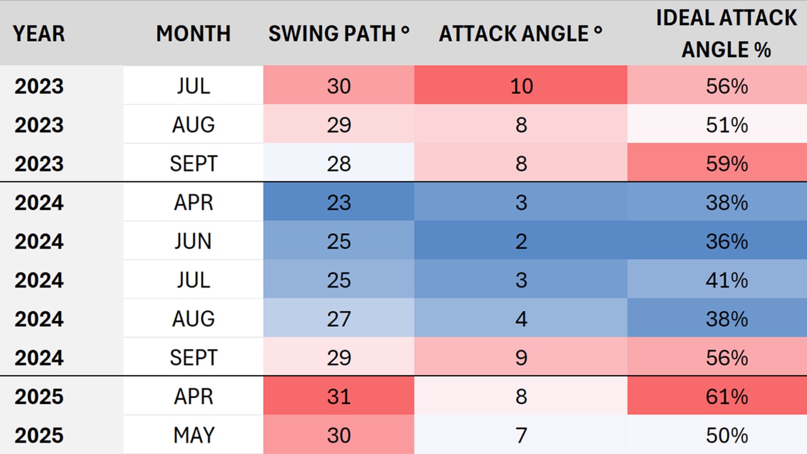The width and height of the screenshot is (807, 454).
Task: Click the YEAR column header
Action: [39, 34]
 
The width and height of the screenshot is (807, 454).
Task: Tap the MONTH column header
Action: [193, 34]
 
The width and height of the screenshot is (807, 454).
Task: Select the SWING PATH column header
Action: [338, 34]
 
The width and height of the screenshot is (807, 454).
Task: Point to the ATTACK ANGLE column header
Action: [520, 34]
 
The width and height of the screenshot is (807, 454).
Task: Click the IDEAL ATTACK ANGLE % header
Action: [726, 34]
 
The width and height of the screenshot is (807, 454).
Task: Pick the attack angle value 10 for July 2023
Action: [521, 86]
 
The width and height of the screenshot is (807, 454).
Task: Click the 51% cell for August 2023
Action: [727, 125]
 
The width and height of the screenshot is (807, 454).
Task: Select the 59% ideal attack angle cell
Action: [727, 164]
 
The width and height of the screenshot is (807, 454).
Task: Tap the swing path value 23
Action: [339, 203]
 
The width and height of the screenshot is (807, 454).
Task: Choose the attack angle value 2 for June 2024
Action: [521, 242]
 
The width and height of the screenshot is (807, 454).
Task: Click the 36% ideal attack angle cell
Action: [727, 242]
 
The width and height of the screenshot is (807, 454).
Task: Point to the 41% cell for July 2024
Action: [727, 281]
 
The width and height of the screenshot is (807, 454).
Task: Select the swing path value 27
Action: [339, 319]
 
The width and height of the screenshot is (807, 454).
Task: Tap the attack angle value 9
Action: [521, 358]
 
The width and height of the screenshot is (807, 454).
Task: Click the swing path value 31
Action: [339, 397]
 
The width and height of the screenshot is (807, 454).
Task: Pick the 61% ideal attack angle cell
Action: [727, 397]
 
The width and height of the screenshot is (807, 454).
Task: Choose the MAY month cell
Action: [193, 436]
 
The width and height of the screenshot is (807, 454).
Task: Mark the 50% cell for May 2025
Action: [727, 436]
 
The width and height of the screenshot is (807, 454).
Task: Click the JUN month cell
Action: [193, 242]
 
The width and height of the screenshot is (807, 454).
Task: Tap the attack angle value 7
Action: [521, 436]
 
